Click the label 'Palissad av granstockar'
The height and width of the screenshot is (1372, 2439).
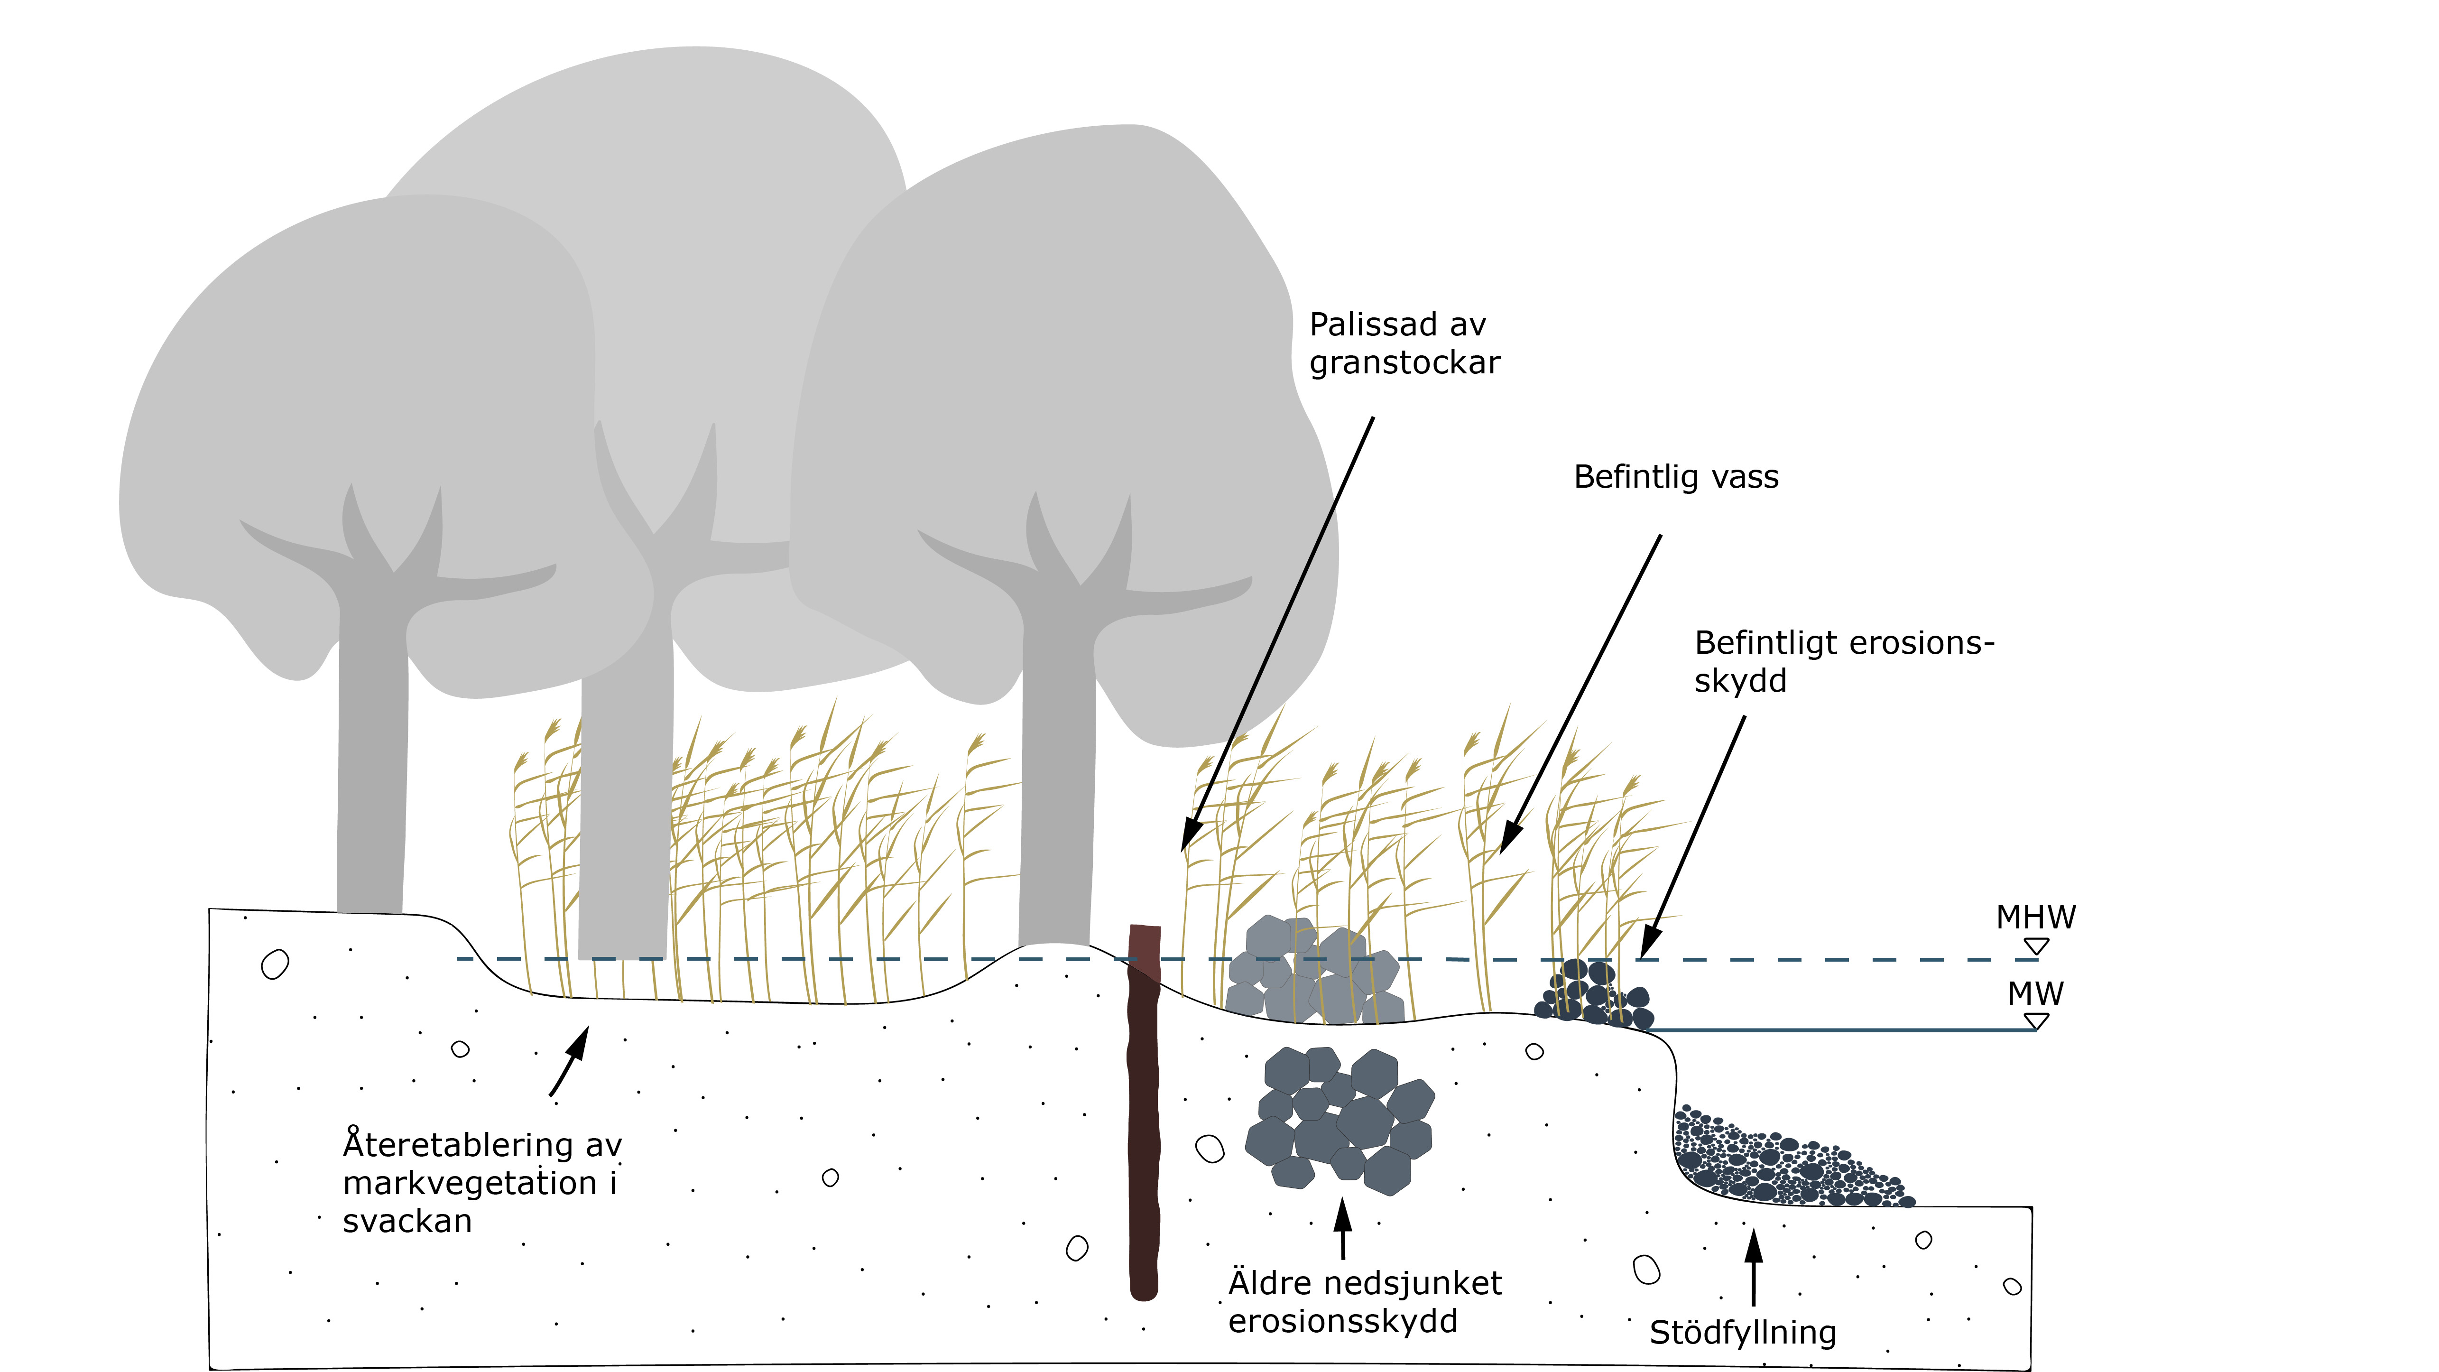coord(1404,343)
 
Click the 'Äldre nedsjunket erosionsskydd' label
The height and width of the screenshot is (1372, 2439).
coord(1364,1302)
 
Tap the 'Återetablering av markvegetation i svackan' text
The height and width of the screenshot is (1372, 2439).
coord(481,1183)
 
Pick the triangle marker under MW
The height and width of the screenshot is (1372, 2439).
coord(2036,1021)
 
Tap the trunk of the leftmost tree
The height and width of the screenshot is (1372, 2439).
coord(372,758)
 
